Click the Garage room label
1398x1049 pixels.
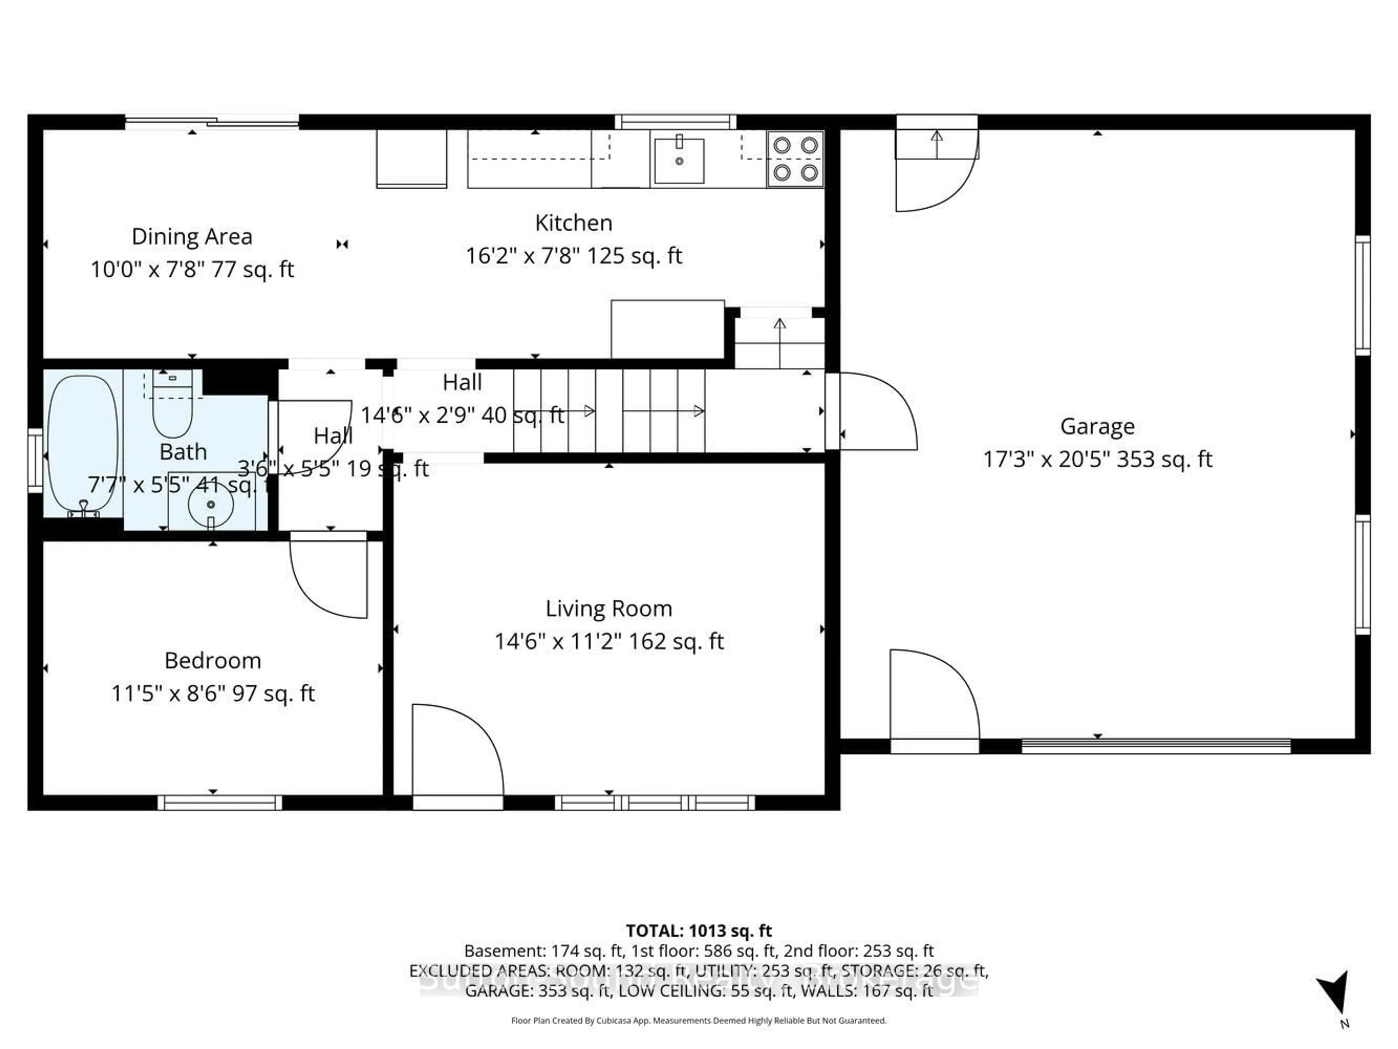click(x=1097, y=426)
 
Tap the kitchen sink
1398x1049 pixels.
click(x=679, y=161)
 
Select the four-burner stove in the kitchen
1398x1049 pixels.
click(x=795, y=159)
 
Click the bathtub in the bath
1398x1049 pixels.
click(x=83, y=442)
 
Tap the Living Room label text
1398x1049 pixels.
click(x=609, y=608)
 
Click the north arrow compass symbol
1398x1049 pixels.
click(x=1334, y=995)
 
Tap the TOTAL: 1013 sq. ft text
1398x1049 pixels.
click(x=698, y=931)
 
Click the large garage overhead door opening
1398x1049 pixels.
click(x=1155, y=746)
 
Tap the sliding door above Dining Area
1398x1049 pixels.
click(x=212, y=122)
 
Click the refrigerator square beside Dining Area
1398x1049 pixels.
click(x=411, y=159)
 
